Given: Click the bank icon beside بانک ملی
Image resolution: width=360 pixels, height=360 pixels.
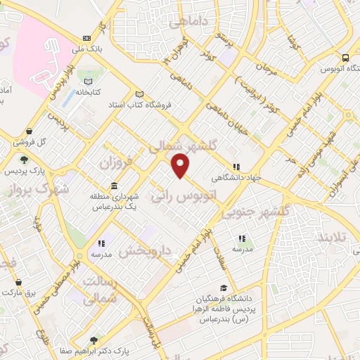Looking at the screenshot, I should [x=86, y=38].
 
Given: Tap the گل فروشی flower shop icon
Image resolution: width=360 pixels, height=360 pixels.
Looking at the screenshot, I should [x=27, y=131].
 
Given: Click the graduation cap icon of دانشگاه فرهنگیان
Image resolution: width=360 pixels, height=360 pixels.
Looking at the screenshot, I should [x=223, y=288].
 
